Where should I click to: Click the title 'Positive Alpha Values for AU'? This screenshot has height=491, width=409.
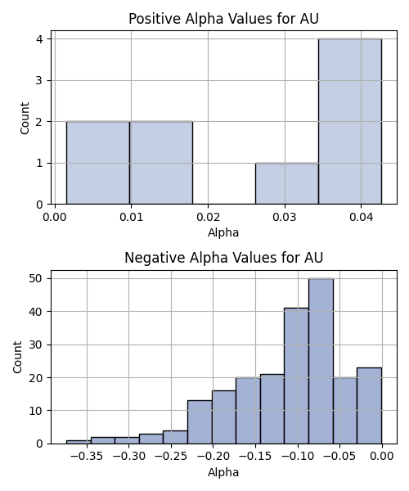[223, 19]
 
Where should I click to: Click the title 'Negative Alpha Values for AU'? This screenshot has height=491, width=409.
[223, 258]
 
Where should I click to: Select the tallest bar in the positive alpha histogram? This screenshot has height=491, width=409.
[350, 121]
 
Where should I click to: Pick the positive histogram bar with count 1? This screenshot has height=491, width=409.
[287, 183]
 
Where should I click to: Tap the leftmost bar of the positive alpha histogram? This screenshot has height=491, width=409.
[98, 163]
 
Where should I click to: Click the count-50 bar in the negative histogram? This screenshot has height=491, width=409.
[321, 361]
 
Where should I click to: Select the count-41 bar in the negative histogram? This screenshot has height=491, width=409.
[296, 376]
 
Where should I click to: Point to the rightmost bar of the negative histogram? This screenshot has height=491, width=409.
[369, 406]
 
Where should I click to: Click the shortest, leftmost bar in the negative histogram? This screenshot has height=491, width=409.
[79, 442]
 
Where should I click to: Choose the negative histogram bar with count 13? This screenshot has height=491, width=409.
[200, 422]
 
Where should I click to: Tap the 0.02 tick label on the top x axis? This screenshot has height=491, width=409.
[208, 218]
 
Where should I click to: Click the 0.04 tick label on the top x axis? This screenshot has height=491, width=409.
[361, 218]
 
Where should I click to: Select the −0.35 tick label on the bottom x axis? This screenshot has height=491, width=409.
[87, 457]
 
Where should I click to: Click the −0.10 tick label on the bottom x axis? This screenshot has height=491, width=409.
[298, 457]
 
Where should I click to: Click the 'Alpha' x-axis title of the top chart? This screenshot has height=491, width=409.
[223, 232]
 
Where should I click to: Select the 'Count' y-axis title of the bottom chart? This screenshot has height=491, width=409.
[17, 357]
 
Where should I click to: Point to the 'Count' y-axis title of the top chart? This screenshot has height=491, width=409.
[25, 118]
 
